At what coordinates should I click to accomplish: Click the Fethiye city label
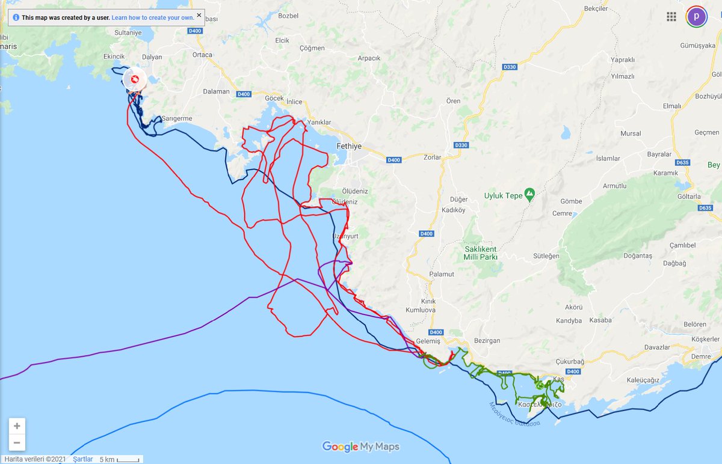point(349,146)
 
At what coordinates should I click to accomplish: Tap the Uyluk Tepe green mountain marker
point(529,194)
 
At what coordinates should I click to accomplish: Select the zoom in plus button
point(17,426)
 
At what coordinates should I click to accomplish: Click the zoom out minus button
point(17,443)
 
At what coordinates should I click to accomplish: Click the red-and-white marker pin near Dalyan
point(134,79)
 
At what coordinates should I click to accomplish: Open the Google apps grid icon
point(671,16)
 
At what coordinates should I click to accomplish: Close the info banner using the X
point(199,15)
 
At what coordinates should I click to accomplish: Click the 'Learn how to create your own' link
point(153,18)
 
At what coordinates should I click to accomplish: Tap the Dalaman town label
point(217,91)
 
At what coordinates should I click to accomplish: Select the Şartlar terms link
point(82,459)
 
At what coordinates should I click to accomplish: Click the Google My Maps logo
point(360,447)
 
